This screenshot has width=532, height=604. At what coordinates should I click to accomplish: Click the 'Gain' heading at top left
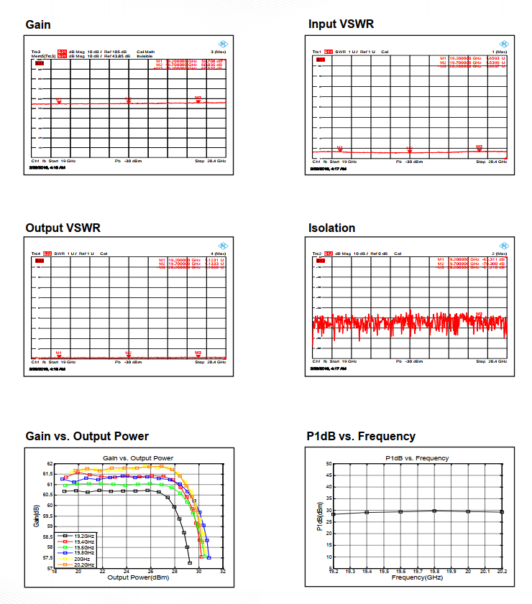click(38, 25)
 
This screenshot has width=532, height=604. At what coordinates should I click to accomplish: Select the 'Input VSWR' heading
click(341, 24)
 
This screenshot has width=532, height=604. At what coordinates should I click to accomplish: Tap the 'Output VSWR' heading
click(63, 228)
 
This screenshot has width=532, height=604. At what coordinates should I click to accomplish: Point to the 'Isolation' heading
click(331, 228)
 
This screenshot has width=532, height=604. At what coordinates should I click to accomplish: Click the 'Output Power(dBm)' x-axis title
click(139, 577)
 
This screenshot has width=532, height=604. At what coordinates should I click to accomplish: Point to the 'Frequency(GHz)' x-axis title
click(417, 577)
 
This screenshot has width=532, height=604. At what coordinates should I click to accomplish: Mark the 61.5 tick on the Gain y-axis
click(48, 474)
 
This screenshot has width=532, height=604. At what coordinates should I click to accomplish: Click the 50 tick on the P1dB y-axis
click(329, 464)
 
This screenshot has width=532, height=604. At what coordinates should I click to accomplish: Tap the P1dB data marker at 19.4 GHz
click(367, 512)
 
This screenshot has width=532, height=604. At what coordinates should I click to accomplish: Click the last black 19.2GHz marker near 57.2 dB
click(189, 562)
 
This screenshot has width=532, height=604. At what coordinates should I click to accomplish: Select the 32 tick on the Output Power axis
click(223, 572)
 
